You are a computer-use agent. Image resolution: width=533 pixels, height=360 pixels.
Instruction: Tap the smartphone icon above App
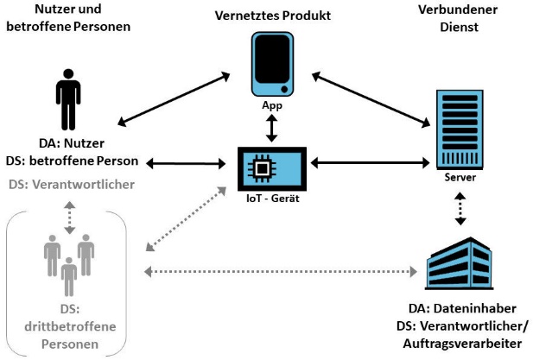[272, 64]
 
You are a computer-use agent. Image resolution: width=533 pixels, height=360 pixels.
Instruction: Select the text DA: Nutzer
[70, 145]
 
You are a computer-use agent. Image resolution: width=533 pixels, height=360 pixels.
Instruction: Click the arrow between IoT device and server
[371, 161]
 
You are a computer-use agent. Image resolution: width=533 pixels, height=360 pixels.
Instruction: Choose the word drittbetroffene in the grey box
[69, 327]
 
